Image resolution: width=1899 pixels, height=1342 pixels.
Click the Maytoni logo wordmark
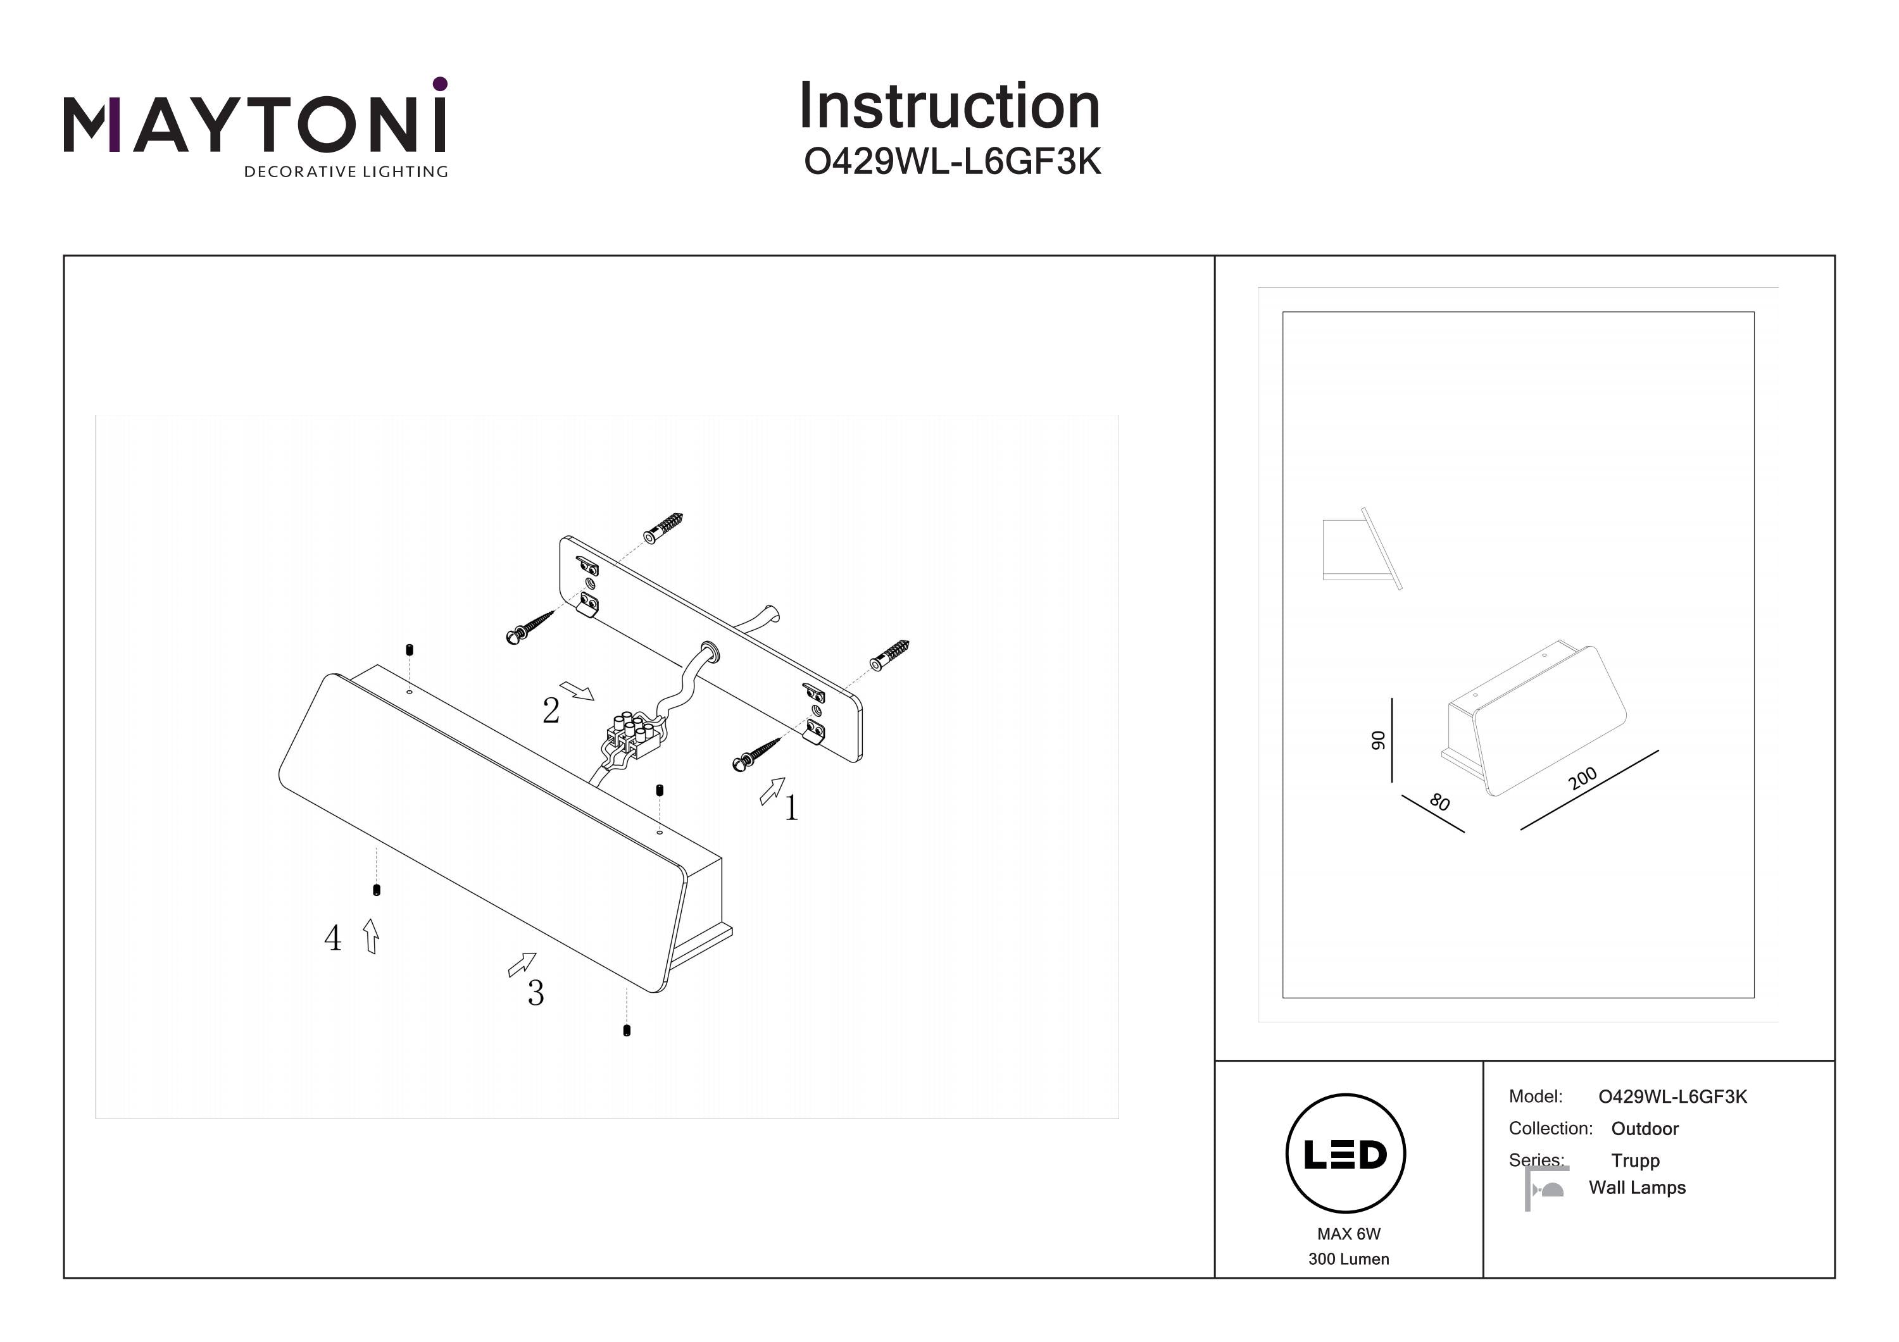254,124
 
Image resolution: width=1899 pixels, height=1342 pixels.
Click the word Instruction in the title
949,107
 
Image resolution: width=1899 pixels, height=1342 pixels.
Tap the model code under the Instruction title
952,162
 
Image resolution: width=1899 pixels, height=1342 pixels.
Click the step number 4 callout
332,938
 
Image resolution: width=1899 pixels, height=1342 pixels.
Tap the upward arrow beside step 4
372,936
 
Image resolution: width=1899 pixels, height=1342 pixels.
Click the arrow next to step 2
577,690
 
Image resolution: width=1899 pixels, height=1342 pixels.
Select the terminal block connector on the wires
633,736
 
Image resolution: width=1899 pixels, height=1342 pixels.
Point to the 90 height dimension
1378,740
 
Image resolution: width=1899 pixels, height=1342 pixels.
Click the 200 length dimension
1582,779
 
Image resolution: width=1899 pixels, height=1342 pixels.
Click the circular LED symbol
1346,1154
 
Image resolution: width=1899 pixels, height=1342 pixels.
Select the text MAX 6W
1348,1234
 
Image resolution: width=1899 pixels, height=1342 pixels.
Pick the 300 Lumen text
1348,1259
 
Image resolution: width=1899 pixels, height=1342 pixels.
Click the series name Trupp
1634,1160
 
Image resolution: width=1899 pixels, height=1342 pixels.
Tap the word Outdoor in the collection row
1645,1129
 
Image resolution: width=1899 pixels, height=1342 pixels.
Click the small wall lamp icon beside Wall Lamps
1546,1189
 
